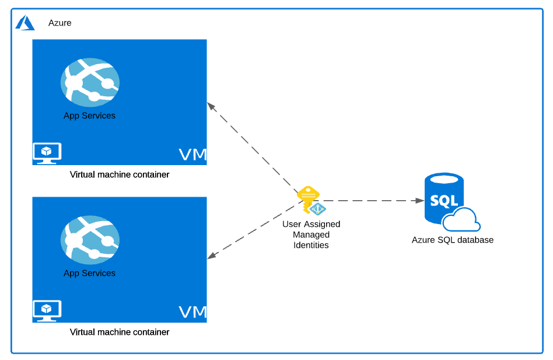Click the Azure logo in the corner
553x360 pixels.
(25, 23)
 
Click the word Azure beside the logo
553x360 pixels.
(60, 23)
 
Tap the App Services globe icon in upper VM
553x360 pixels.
(90, 82)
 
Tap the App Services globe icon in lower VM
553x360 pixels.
(90, 240)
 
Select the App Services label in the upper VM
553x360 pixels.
(89, 116)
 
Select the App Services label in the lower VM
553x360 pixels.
(89, 273)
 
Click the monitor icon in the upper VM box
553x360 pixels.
(47, 153)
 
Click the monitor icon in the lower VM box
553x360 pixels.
(47, 310)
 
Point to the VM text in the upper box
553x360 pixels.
(192, 155)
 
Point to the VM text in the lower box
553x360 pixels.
(192, 312)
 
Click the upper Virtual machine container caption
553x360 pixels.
(120, 174)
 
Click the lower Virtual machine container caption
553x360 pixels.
(120, 332)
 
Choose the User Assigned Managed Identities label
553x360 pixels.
(311, 235)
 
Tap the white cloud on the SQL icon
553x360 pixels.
(461, 221)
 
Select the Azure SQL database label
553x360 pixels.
(453, 240)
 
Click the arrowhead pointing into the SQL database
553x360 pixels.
(420, 200)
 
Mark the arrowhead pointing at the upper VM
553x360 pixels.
(211, 106)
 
